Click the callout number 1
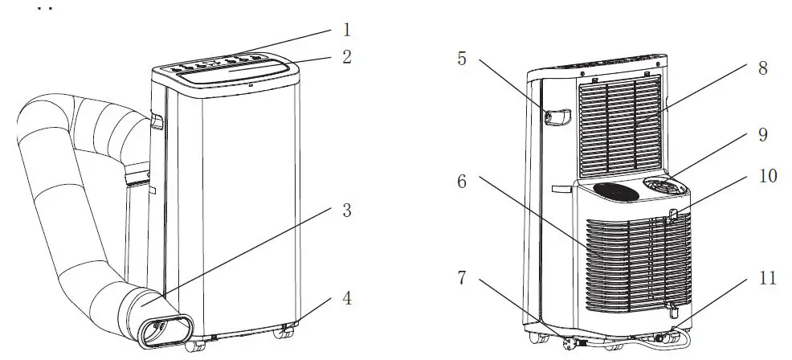(346, 31)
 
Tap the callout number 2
(346, 58)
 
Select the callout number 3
(346, 211)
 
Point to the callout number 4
(346, 298)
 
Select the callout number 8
(761, 69)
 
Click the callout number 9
(761, 135)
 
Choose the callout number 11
(767, 279)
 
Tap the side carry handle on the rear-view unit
(558, 117)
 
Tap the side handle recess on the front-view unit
(155, 121)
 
